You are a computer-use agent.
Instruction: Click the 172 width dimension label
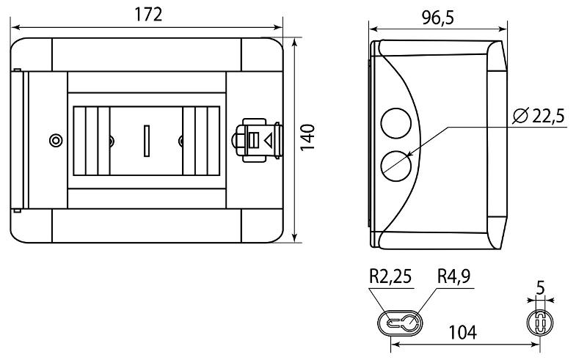[148, 15]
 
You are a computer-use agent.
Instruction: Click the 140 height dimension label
[307, 138]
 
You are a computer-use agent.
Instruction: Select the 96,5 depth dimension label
[437, 18]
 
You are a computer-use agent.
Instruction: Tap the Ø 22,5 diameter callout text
[539, 116]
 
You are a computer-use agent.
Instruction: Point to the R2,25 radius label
[390, 276]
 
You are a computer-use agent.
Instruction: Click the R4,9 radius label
[453, 276]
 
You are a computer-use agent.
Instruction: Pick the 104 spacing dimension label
[463, 332]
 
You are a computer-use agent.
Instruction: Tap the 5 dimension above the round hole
[540, 288]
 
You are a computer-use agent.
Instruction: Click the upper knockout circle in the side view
[395, 123]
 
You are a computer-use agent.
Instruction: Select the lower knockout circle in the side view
[395, 166]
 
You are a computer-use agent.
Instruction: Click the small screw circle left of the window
[56, 140]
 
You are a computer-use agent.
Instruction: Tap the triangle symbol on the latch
[269, 141]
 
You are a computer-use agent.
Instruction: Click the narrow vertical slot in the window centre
[147, 141]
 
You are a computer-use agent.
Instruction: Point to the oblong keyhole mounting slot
[399, 323]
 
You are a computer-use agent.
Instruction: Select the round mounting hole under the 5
[540, 323]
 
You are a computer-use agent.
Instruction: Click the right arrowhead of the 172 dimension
[278, 27]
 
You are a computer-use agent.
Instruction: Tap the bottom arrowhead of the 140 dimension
[295, 238]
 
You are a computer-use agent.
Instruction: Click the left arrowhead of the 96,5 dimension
[374, 29]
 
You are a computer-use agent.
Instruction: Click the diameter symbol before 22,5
[520, 116]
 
